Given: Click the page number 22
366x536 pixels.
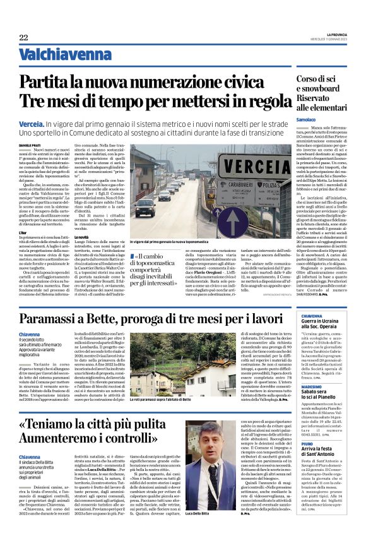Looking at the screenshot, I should (x=23, y=38).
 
